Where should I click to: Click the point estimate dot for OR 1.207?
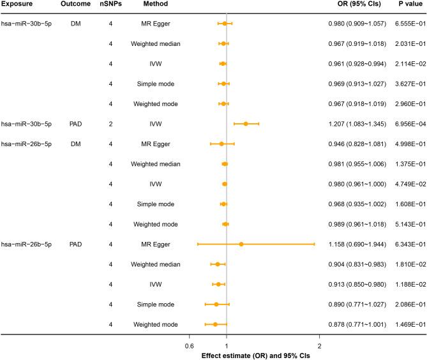coord(246,142)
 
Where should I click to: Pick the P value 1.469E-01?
coord(402,324)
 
